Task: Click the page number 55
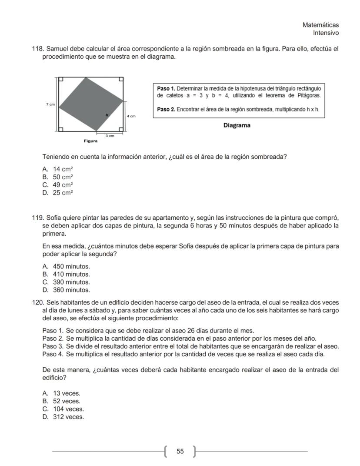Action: coord(180,452)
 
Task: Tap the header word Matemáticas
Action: coord(320,25)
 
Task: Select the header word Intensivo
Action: coord(326,33)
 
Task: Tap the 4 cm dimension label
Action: coord(131,116)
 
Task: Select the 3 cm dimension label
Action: coord(111,136)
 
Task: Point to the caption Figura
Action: coord(90,141)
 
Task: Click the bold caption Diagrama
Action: coord(237,125)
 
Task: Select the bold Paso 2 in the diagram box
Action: coord(166,109)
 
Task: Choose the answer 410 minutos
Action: coord(71,274)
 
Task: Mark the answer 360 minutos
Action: coord(71,290)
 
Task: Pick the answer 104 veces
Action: coord(68,409)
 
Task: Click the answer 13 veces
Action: coord(67,393)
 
